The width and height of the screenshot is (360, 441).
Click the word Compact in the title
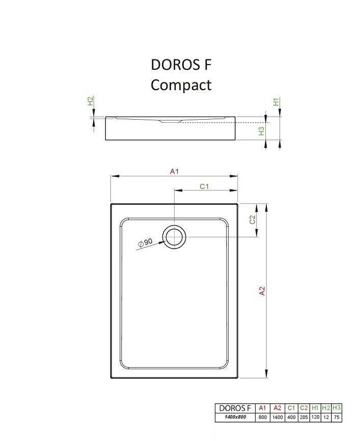[181, 85]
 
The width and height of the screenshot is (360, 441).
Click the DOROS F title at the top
[181, 65]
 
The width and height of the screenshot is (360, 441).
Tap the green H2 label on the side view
[90, 101]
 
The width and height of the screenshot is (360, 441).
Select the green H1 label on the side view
[276, 102]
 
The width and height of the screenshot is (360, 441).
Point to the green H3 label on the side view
[261, 131]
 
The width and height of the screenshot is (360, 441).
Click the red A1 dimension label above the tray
[174, 171]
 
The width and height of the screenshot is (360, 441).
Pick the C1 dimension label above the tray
[204, 186]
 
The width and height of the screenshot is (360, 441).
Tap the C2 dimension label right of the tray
[252, 219]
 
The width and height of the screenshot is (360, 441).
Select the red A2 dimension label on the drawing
[262, 291]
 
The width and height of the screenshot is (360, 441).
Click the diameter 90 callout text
[145, 243]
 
